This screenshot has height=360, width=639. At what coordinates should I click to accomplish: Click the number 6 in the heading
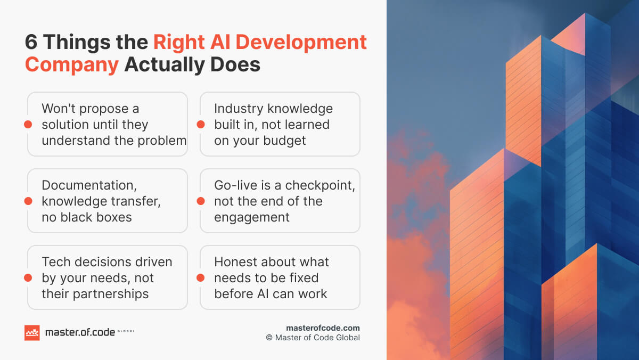tap(31, 43)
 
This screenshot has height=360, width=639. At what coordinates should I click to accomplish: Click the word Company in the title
tap(72, 64)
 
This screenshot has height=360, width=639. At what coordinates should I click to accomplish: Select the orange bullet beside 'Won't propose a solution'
tap(27, 125)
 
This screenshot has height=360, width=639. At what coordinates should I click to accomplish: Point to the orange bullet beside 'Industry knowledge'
tap(200, 125)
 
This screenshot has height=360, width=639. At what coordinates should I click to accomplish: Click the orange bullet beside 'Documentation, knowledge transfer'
tap(27, 201)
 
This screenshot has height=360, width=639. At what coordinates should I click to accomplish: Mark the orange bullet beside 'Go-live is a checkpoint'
tap(200, 201)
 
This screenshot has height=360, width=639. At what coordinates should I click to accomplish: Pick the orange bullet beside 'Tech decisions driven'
tap(27, 278)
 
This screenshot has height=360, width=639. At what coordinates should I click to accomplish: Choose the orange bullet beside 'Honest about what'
tap(200, 278)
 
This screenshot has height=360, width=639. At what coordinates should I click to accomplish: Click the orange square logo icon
tap(32, 332)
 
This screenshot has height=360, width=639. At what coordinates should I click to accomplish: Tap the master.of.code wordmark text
tap(80, 332)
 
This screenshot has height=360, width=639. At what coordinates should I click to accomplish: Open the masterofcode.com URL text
tap(323, 328)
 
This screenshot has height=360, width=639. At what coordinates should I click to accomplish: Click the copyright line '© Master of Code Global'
tap(313, 338)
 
